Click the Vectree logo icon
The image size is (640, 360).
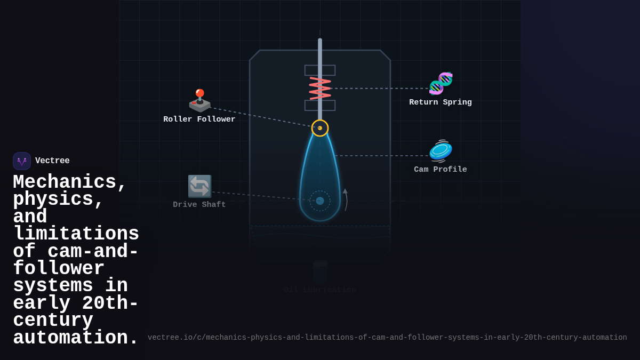coord(22,161)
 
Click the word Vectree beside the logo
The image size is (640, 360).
coord(52,161)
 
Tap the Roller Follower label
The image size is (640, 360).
coord(199,119)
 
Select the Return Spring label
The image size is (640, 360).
coord(440,102)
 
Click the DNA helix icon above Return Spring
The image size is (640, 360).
coord(441,83)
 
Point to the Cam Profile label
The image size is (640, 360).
coord(440,170)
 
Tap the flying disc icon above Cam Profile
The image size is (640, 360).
coord(441,151)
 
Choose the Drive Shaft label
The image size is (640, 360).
coord(199,205)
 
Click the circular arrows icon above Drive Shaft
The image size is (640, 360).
coord(199,186)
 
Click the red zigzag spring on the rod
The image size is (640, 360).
coord(320,88)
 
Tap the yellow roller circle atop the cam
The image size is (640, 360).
coord(320,128)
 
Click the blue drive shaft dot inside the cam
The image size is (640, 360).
coord(320,201)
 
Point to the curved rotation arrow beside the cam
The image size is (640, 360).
coord(346,199)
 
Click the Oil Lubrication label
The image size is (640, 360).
coord(319,290)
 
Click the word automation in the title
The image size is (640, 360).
coord(75,338)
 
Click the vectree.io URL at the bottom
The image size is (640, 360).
coord(387,338)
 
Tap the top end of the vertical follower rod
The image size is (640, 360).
coord(320,41)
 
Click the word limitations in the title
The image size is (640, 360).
coord(76,234)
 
